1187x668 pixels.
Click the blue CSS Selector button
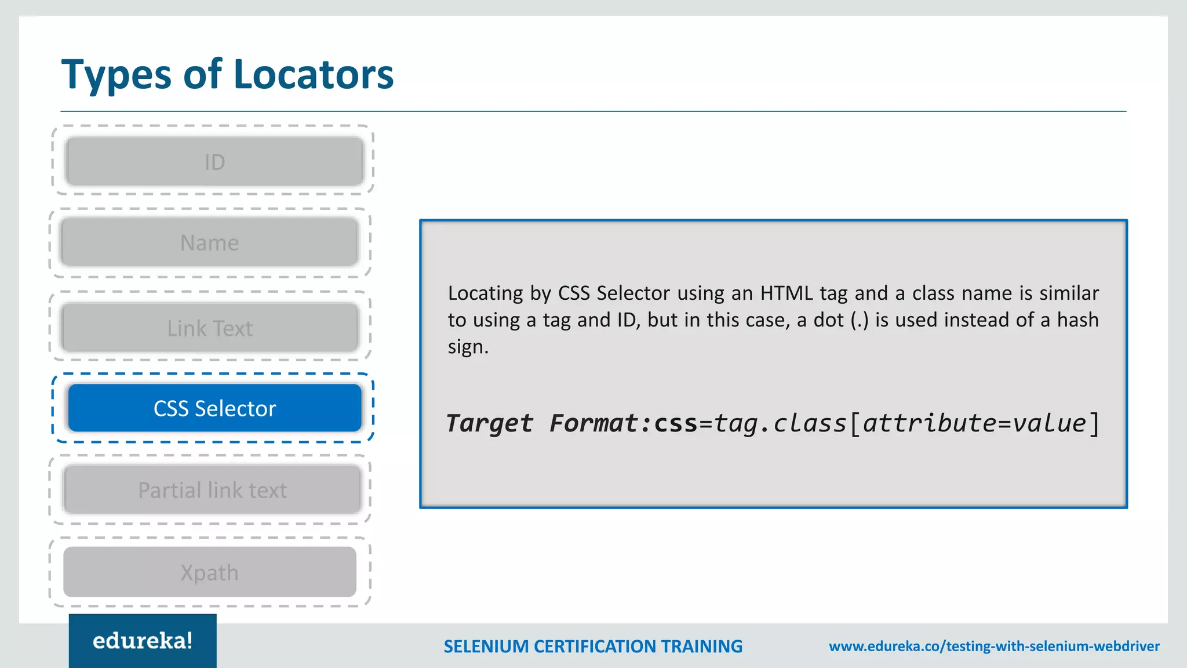click(x=214, y=408)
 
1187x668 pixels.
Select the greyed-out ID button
click(x=214, y=162)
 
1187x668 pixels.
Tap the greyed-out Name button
click(x=209, y=242)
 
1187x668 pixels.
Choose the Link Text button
click(x=209, y=328)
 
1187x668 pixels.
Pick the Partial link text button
click(x=212, y=490)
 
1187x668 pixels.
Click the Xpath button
click(x=209, y=572)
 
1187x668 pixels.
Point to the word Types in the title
click(x=116, y=75)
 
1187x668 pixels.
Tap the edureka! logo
click(x=143, y=641)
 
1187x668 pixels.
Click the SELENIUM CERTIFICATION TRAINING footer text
click(x=592, y=646)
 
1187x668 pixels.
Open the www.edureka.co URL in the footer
click(x=994, y=646)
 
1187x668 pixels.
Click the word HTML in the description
click(x=787, y=293)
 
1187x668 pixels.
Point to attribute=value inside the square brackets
click(x=974, y=423)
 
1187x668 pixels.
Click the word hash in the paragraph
click(x=1077, y=320)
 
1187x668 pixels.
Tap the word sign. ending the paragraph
click(x=468, y=347)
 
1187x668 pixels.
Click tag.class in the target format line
click(x=780, y=423)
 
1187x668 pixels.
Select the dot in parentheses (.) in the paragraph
click(x=859, y=320)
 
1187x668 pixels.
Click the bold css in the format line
click(x=675, y=423)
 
